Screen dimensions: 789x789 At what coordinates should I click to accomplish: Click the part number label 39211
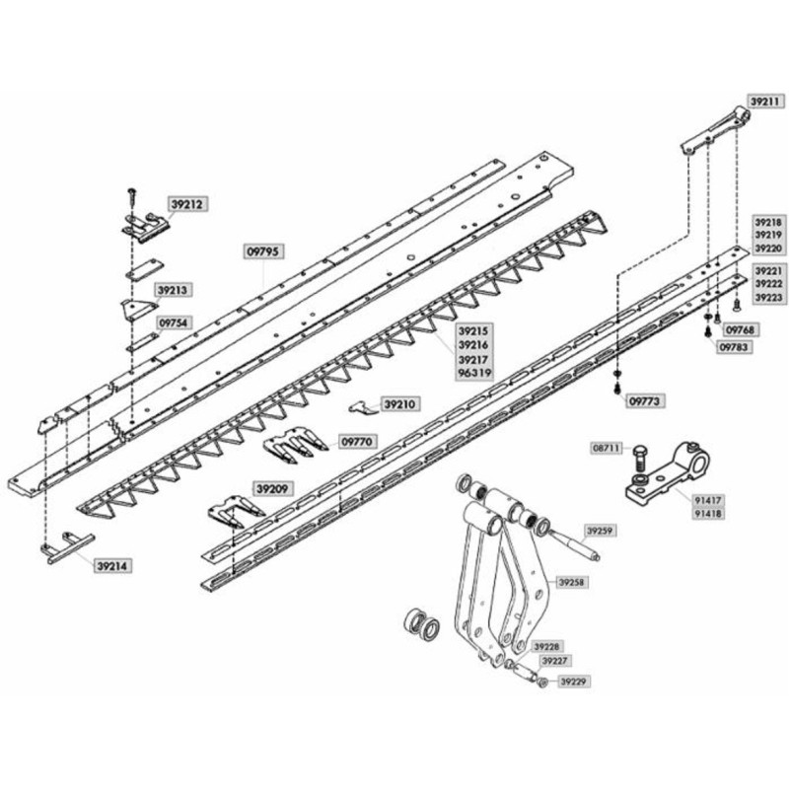[x=765, y=102]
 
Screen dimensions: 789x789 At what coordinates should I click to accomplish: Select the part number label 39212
[x=187, y=205]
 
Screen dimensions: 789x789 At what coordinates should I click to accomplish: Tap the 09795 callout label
[x=264, y=251]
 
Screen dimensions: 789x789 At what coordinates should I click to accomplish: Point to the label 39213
[x=173, y=290]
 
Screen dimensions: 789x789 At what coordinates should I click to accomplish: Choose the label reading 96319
[x=475, y=374]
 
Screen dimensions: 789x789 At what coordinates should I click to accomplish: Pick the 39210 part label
[x=400, y=404]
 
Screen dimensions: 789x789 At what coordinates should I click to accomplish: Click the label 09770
[x=356, y=442]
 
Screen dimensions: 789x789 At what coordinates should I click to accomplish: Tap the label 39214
[x=112, y=566]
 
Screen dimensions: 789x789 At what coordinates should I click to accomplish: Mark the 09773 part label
[x=645, y=401]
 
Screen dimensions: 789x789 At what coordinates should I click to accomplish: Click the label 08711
[x=606, y=448]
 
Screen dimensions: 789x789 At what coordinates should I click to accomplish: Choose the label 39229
[x=574, y=681]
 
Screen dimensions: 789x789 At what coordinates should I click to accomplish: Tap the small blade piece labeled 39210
[x=363, y=407]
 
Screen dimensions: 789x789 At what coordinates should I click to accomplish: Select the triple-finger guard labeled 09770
[x=295, y=443]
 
